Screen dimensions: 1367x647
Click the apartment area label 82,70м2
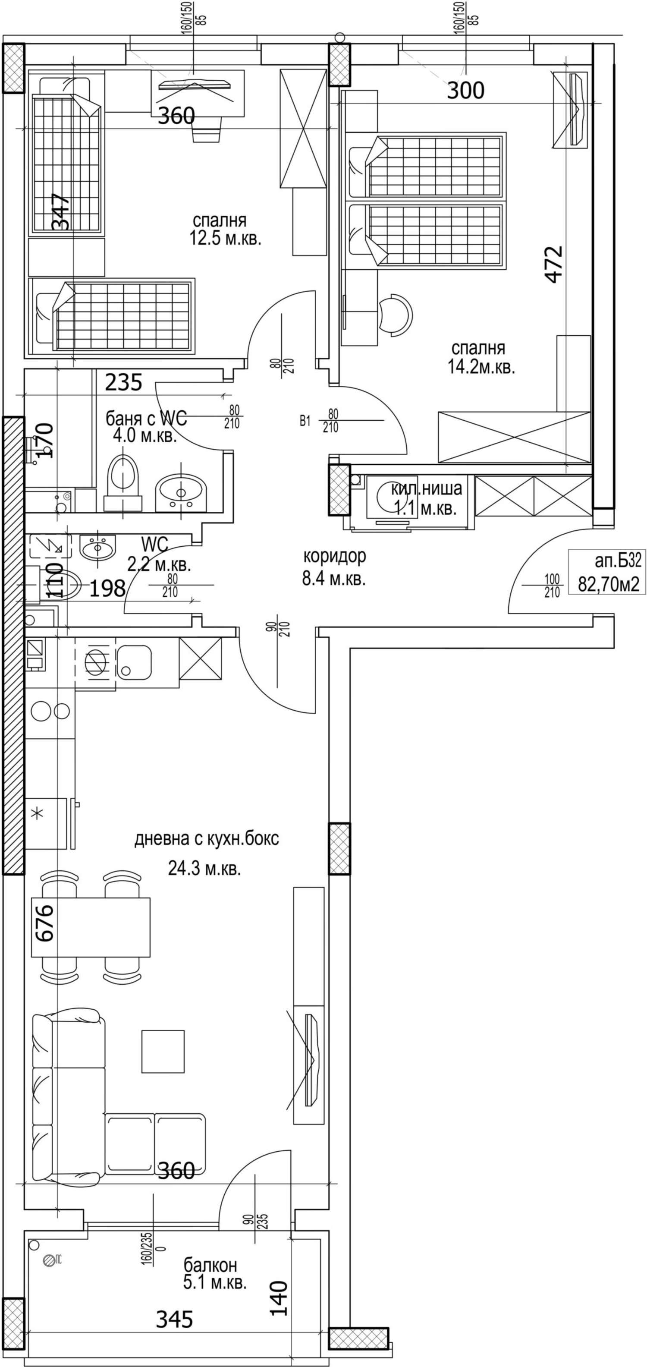coord(608,584)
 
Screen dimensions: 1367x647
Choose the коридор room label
coord(335,556)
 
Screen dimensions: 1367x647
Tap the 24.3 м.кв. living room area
coord(204,869)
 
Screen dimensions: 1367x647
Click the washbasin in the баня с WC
coord(181,492)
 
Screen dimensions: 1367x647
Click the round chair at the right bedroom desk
coord(396,314)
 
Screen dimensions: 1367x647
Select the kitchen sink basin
coord(134,662)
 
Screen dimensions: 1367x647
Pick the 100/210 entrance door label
coord(552,585)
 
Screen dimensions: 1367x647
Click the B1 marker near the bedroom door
coord(305,421)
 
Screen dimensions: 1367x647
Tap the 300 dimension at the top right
coord(465,91)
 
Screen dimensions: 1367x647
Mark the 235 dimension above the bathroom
coord(123,382)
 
